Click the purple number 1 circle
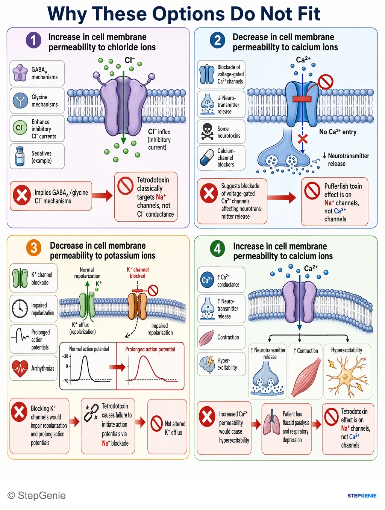tap(34, 40)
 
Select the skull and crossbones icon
tap(207, 132)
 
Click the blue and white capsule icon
tap(207, 158)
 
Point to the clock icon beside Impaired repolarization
tap(20, 309)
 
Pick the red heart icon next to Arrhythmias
tap(20, 369)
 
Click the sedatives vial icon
tap(20, 156)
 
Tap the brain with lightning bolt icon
tap(207, 364)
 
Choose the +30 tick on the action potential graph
tap(66, 356)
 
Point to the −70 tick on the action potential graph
tap(66, 381)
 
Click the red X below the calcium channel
tap(303, 139)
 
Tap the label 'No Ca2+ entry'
tap(338, 132)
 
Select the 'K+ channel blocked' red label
tap(138, 272)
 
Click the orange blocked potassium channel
tap(137, 306)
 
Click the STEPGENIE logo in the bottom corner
tap(362, 496)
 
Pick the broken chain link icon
tap(91, 413)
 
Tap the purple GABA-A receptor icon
tap(20, 73)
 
